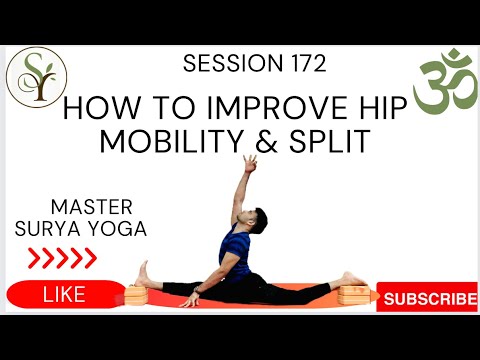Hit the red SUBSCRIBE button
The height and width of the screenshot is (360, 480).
point(429,297)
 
